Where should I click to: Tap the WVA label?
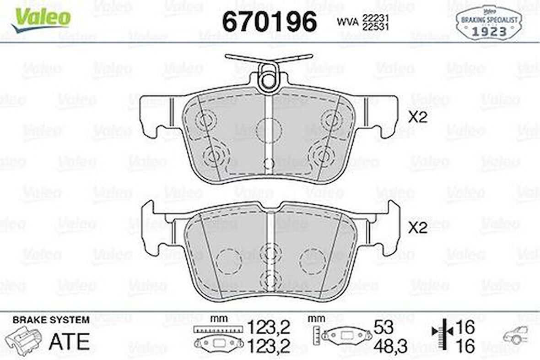(348, 22)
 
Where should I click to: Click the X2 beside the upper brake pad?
(417, 117)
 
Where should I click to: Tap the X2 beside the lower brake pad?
(417, 228)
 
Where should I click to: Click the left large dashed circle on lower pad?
(228, 262)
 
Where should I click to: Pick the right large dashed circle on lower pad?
(313, 261)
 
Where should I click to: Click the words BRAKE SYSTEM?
(51, 320)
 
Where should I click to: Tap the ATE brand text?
(69, 341)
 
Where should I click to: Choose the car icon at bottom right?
(516, 336)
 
